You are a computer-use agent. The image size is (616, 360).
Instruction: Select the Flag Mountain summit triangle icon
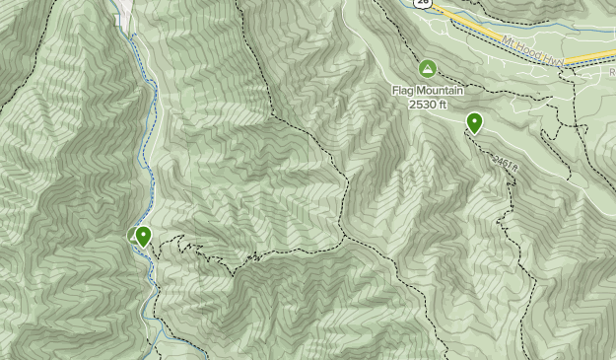pos(427,68)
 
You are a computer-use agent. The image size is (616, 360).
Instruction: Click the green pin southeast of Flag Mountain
pos(475,122)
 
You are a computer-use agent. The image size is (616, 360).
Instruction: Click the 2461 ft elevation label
pos(504,163)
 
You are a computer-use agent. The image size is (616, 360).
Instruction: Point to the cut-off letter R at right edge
pos(611,72)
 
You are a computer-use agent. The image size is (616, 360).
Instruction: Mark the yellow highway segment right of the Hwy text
pos(591,60)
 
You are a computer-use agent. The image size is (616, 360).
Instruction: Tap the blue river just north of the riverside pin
pos(147,197)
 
